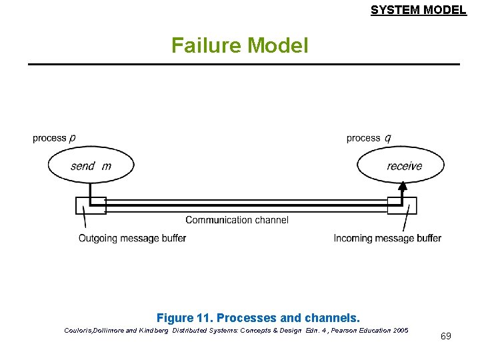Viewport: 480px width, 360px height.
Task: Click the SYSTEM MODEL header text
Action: point(418,10)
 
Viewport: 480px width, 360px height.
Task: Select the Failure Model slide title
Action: point(239,45)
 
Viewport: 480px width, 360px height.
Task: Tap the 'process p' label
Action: point(54,138)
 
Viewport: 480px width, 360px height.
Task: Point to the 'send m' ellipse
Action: point(91,165)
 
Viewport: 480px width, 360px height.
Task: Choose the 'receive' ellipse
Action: point(400,165)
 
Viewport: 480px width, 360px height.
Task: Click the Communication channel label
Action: point(237,220)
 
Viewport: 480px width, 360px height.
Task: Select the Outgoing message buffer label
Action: point(132,238)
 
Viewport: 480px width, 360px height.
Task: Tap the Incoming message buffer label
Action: point(387,238)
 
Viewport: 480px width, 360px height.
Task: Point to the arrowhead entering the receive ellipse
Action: point(402,187)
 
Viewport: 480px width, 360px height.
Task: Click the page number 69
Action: point(445,336)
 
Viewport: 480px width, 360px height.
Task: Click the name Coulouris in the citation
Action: point(81,330)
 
